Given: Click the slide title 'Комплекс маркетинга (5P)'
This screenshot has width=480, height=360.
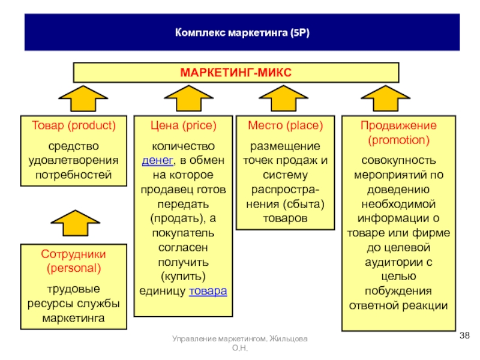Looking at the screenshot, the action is [242, 32].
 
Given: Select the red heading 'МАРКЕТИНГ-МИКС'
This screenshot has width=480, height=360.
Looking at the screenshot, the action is [236, 73].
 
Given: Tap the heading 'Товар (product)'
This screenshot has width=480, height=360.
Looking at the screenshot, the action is [74, 125].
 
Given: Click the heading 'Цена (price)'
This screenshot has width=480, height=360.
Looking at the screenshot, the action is [184, 125].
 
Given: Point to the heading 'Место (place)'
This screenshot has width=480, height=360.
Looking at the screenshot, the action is [286, 125].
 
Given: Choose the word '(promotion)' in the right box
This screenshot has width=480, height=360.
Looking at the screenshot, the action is [398, 140].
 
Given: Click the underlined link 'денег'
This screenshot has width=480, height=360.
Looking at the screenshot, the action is [158, 160].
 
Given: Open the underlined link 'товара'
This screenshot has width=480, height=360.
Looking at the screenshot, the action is [208, 291].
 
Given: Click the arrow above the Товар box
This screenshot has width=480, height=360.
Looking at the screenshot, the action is [83, 98].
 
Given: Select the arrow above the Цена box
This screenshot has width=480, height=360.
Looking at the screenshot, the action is [188, 98].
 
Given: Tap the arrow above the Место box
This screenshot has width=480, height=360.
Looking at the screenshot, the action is [283, 98].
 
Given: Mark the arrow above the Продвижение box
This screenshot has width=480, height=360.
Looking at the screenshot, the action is [385, 98].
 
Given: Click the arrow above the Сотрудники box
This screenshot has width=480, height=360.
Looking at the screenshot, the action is [76, 223].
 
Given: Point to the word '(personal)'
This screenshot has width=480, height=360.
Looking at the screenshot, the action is [74, 268].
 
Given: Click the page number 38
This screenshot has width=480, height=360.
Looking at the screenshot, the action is [464, 335].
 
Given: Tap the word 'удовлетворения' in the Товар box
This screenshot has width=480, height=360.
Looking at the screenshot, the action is [73, 161].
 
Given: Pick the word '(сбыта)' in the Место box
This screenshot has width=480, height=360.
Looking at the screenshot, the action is [304, 204].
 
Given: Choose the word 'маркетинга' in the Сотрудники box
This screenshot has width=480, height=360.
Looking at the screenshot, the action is [73, 319].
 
